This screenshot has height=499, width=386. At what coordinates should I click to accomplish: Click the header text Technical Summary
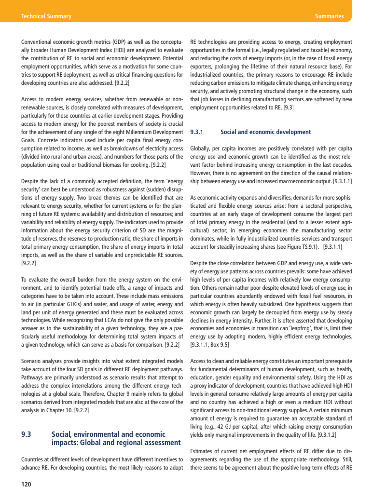[46, 16]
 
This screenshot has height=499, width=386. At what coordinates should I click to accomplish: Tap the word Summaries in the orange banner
[329, 16]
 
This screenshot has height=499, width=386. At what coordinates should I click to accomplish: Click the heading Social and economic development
[265, 132]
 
